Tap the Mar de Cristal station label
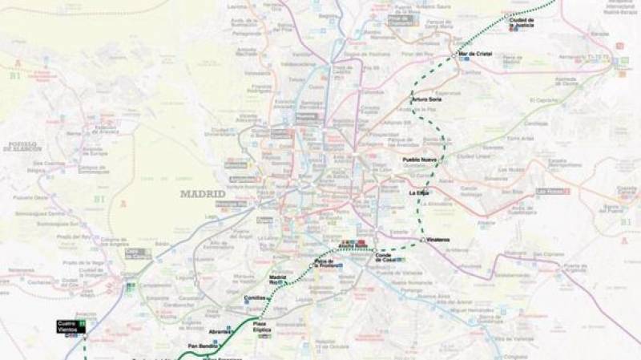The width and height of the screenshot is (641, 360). (475, 55)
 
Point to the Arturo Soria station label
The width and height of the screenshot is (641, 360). (426, 99)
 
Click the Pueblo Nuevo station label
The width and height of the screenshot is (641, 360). (420, 160)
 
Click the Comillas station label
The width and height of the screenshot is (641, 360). (254, 297)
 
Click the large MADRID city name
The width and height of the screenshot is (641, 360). (203, 194)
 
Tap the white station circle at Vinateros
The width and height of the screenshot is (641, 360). (422, 240)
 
